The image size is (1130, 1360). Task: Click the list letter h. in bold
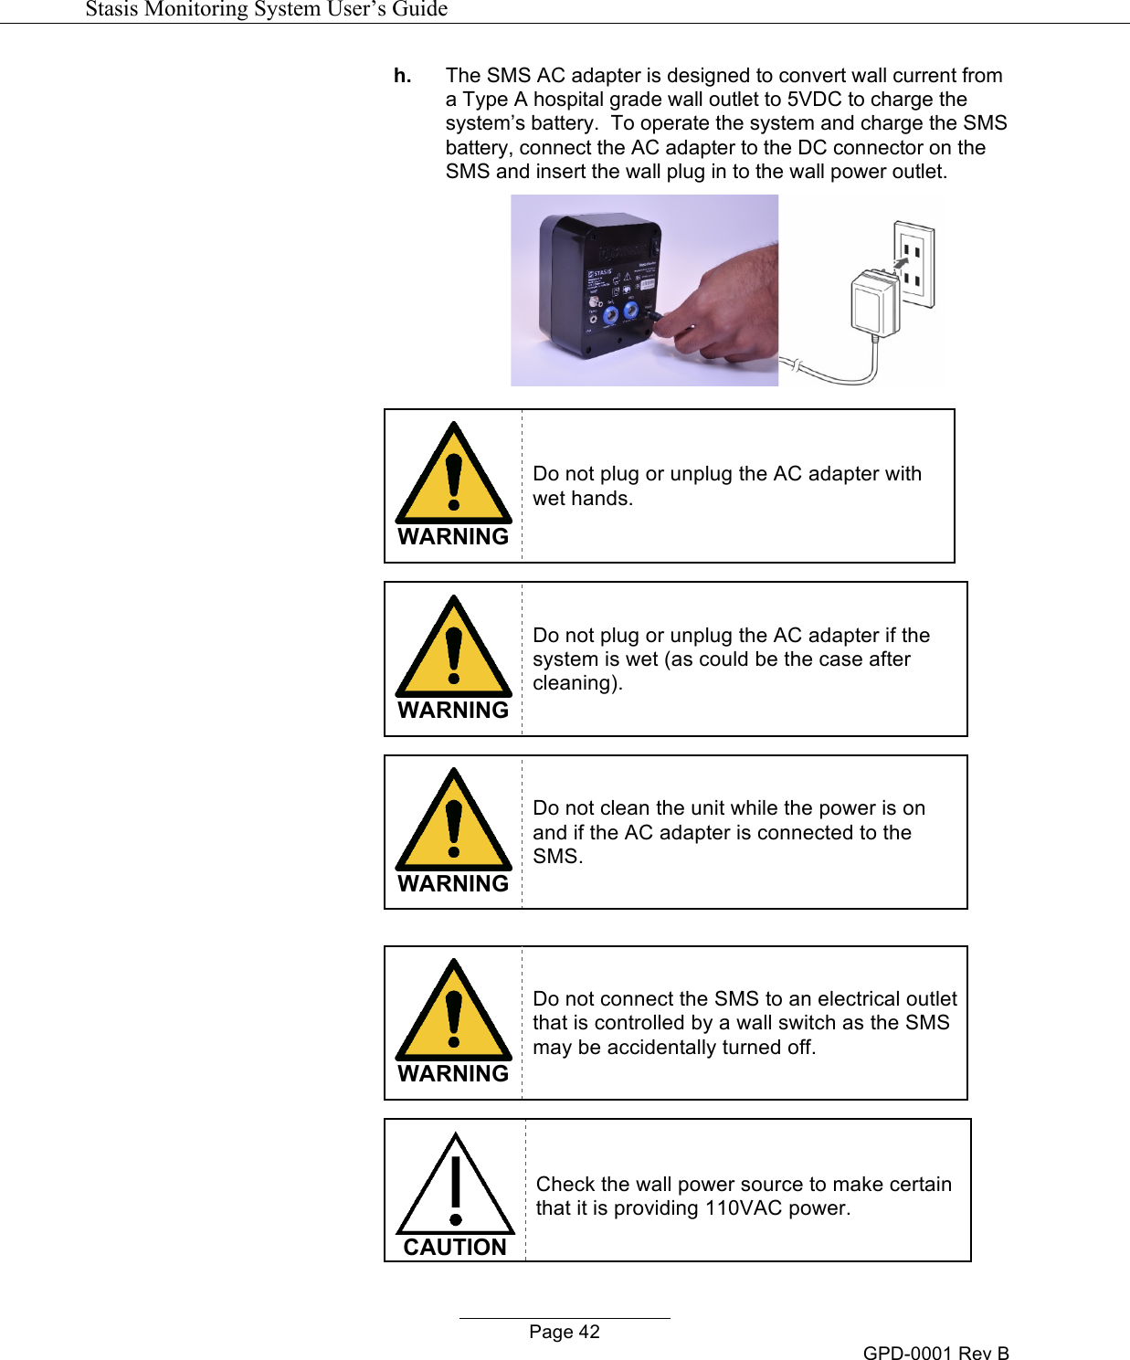tap(402, 76)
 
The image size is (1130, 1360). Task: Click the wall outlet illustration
tap(914, 264)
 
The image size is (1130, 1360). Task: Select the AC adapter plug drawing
tap(875, 301)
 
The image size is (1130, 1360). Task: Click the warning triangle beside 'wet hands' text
tap(453, 475)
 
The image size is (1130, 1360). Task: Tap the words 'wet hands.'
tap(583, 499)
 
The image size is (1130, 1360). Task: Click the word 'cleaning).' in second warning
tap(577, 683)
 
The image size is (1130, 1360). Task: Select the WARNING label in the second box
tap(453, 710)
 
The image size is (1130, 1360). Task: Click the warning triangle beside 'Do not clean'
tap(453, 821)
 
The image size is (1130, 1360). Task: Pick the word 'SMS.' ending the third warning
tap(558, 857)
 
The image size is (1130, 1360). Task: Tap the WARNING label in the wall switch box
tap(453, 1073)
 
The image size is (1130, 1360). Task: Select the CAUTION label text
tap(455, 1247)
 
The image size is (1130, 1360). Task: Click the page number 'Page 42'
tap(565, 1332)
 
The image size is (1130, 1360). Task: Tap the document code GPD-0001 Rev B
tap(935, 1353)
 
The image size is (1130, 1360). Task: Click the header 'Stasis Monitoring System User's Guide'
tap(266, 9)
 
